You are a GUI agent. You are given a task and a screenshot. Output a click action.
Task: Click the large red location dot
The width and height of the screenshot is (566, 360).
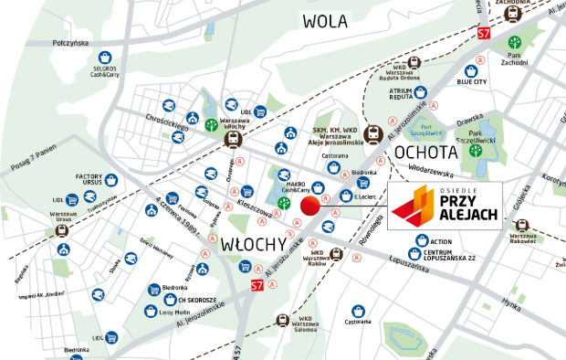311,206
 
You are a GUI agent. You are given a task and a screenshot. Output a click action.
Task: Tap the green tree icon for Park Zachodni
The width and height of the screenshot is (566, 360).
516,43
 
